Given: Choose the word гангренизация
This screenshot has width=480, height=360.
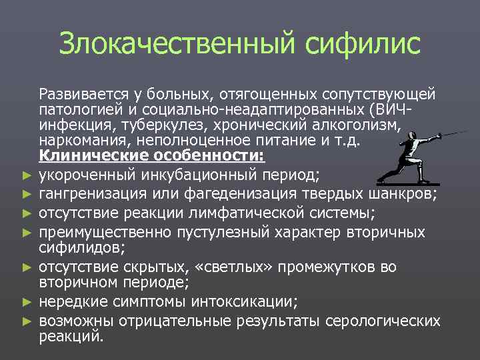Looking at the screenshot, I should point(90,193).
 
